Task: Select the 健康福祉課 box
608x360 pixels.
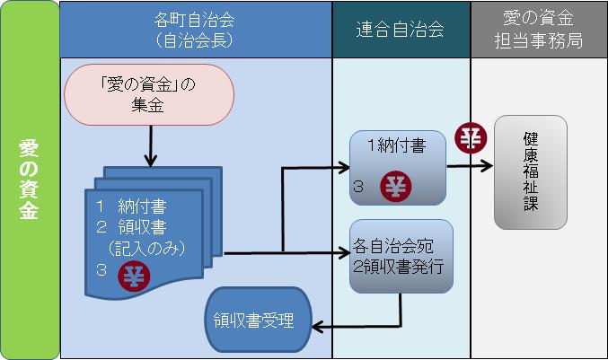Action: [530, 172]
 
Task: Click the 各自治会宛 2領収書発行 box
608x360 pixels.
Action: [401, 256]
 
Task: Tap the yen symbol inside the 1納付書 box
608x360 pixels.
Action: [395, 187]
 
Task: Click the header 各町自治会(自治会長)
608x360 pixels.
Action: [196, 30]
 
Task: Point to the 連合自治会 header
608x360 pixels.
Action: [401, 30]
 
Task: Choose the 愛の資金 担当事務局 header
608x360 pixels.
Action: [539, 30]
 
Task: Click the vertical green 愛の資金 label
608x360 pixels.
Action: [29, 180]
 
